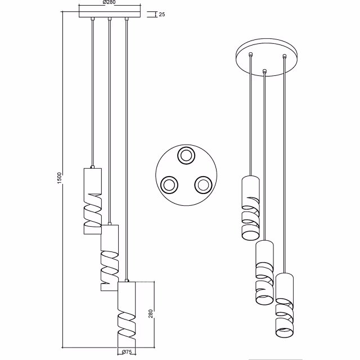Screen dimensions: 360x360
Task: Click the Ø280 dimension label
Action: click(109, 3)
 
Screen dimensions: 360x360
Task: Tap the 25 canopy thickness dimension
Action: click(162, 14)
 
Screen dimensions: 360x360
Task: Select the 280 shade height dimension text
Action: click(150, 313)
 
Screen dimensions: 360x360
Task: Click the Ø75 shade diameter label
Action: click(127, 353)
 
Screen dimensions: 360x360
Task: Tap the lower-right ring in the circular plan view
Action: click(202, 183)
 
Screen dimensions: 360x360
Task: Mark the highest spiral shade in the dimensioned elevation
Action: click(92, 200)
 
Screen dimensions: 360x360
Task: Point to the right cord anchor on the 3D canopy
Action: click(285, 56)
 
